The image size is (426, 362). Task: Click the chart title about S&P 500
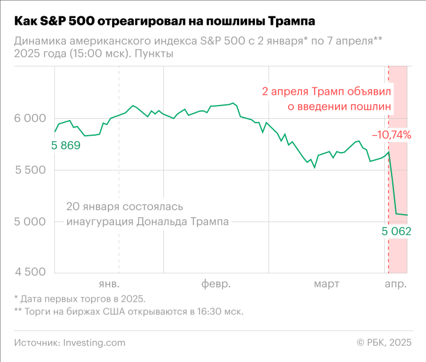164,22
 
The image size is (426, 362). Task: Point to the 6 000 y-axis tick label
30,119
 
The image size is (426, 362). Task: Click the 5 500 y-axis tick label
30,170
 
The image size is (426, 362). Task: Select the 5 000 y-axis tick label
30,221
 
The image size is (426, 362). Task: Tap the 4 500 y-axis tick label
30,273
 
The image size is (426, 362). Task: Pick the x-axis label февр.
216,284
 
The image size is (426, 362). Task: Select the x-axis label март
326,284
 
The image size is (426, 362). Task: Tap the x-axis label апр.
396,284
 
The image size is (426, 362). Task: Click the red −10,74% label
391,135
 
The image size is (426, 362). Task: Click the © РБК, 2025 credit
384,342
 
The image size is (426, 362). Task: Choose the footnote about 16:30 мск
128,312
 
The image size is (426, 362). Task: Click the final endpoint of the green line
407,215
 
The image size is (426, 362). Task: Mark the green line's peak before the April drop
389,152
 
